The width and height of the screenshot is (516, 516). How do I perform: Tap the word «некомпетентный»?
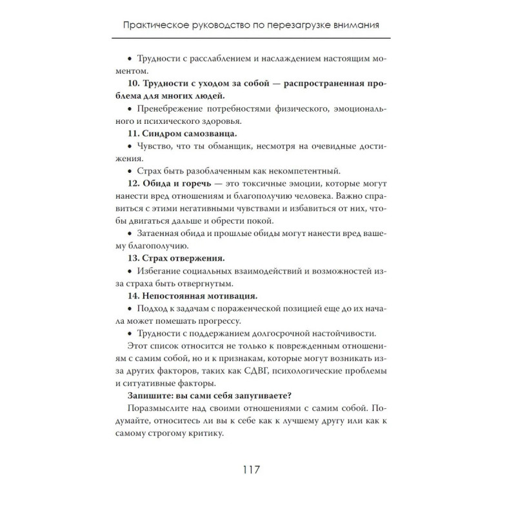click(x=303, y=171)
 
